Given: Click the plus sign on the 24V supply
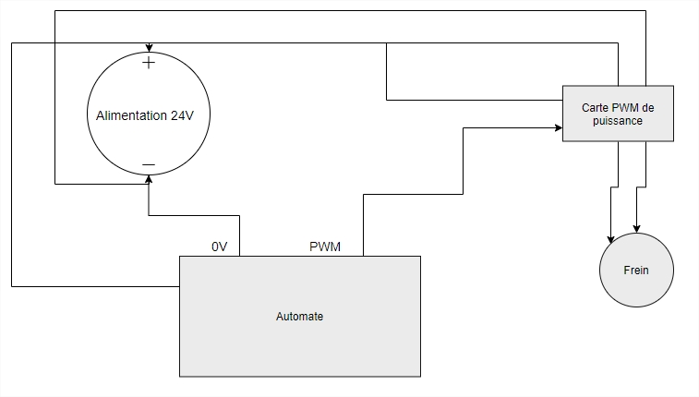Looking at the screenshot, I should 148,64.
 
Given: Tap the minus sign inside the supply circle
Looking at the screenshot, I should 148,166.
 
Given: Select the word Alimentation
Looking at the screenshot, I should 132,115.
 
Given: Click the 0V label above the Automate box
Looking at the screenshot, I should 219,247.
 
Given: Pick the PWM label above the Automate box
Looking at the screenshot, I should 324,247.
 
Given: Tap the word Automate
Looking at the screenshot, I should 299,316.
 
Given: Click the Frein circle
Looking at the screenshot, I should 636,271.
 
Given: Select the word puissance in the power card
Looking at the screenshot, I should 618,120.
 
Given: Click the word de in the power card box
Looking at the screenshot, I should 649,107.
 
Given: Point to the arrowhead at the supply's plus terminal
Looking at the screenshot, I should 148,48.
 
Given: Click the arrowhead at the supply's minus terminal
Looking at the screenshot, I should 148,178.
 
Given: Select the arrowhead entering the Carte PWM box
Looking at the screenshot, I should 558,128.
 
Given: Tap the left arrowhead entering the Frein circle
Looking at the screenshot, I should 609,239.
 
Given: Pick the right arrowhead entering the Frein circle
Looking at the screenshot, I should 636,228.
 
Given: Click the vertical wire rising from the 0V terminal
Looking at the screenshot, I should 239,235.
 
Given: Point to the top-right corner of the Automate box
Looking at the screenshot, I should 420,257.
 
